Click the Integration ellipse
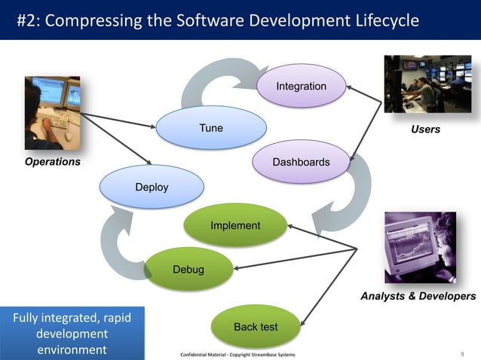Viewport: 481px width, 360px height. pyautogui.click(x=301, y=87)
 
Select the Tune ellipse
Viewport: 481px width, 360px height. pyautogui.click(x=211, y=128)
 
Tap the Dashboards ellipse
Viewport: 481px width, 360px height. pyautogui.click(x=301, y=162)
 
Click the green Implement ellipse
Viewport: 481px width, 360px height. pyautogui.click(x=235, y=225)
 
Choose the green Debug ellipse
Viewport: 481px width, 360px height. pyautogui.click(x=188, y=269)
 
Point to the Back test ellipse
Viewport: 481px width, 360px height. pyautogui.click(x=256, y=327)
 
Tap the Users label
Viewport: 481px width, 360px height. pyautogui.click(x=425, y=130)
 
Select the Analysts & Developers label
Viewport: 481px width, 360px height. pyautogui.click(x=418, y=296)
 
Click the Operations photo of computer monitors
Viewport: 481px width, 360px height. pyautogui.click(x=52, y=113)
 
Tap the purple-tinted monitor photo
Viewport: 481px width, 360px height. pyautogui.click(x=420, y=247)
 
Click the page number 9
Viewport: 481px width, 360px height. pyautogui.click(x=461, y=354)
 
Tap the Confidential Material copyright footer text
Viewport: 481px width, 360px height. pyautogui.click(x=238, y=354)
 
